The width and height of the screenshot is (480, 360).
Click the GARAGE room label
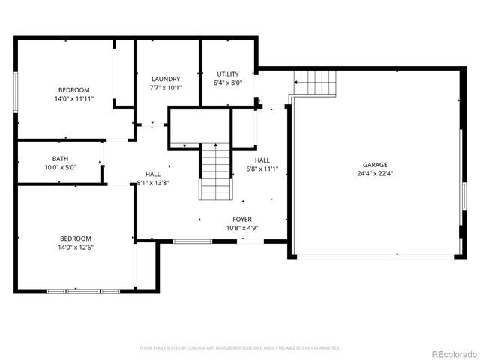[x=375, y=164]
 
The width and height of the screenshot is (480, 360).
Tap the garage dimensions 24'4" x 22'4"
[x=375, y=173]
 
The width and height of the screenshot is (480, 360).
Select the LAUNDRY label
[x=166, y=79]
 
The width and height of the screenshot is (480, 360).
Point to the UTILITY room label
[x=228, y=73]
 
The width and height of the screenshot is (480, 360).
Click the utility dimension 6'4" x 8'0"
[x=228, y=82]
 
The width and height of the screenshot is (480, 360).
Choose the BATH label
[x=60, y=158]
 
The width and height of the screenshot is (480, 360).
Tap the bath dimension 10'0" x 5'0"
[x=60, y=167]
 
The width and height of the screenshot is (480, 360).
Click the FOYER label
[x=242, y=219]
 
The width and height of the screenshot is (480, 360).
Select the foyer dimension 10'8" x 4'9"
[x=242, y=228]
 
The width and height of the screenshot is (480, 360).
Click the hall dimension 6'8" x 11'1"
[x=262, y=169]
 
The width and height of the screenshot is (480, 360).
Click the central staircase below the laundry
[x=214, y=172]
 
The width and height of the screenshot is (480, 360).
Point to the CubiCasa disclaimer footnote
[x=240, y=348]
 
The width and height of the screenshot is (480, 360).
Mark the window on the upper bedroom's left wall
[x=16, y=92]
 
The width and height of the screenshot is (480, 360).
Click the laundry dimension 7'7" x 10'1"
[x=166, y=88]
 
